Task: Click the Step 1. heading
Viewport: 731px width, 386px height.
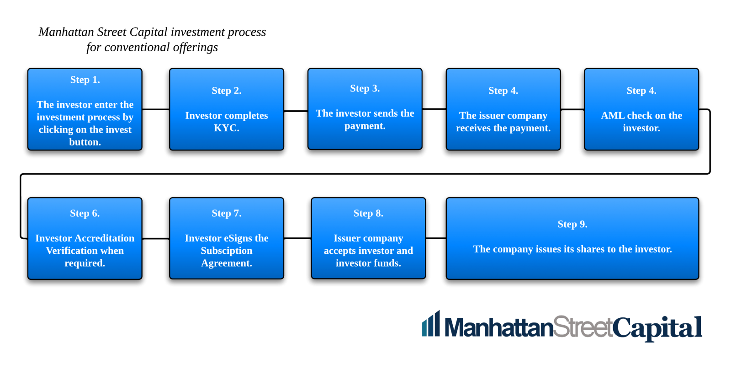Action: click(x=85, y=80)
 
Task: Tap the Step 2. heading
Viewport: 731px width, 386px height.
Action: click(x=227, y=91)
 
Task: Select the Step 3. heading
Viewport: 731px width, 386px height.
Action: click(x=365, y=88)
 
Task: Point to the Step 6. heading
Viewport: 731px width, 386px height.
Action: click(x=85, y=213)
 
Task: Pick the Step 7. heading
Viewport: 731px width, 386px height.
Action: click(x=227, y=213)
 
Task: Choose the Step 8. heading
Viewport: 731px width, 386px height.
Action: click(x=368, y=213)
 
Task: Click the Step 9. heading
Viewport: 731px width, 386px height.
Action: click(x=572, y=224)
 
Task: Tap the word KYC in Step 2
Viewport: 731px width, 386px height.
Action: click(x=227, y=128)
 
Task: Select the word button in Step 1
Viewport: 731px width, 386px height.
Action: click(x=85, y=142)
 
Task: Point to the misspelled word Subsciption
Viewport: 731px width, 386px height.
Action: click(x=227, y=251)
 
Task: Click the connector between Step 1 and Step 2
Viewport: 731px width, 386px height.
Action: click(x=156, y=109)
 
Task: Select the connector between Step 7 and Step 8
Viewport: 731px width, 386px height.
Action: click(x=297, y=238)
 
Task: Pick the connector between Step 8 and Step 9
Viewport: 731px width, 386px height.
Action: click(x=436, y=238)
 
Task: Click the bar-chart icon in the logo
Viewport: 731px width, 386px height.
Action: click(x=431, y=324)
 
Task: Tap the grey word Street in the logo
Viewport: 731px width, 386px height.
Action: click(x=583, y=327)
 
